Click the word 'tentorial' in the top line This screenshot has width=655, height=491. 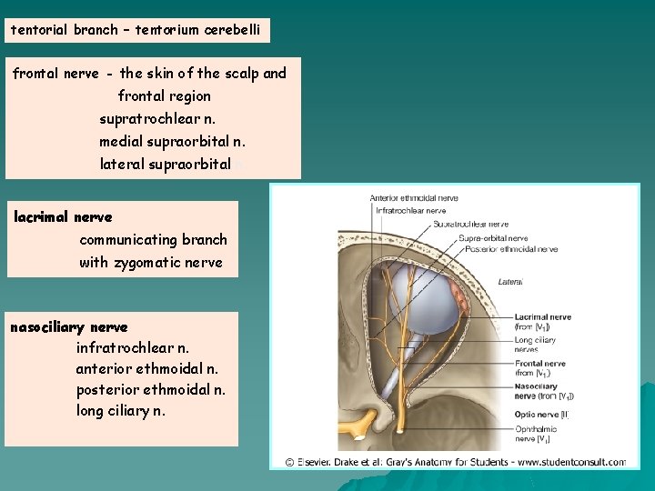39,29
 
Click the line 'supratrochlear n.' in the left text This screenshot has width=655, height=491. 157,118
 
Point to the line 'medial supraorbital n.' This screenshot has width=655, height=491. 172,141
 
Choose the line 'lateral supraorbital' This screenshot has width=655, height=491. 165,164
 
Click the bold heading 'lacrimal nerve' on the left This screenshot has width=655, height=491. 63,217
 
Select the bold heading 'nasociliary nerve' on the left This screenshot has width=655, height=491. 69,326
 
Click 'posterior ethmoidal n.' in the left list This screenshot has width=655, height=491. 151,389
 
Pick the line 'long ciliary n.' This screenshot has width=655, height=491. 121,410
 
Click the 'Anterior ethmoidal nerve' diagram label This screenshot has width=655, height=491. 414,198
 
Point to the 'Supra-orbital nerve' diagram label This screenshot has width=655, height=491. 492,238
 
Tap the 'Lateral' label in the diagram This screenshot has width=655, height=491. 509,282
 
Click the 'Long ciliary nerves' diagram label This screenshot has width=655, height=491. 536,345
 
